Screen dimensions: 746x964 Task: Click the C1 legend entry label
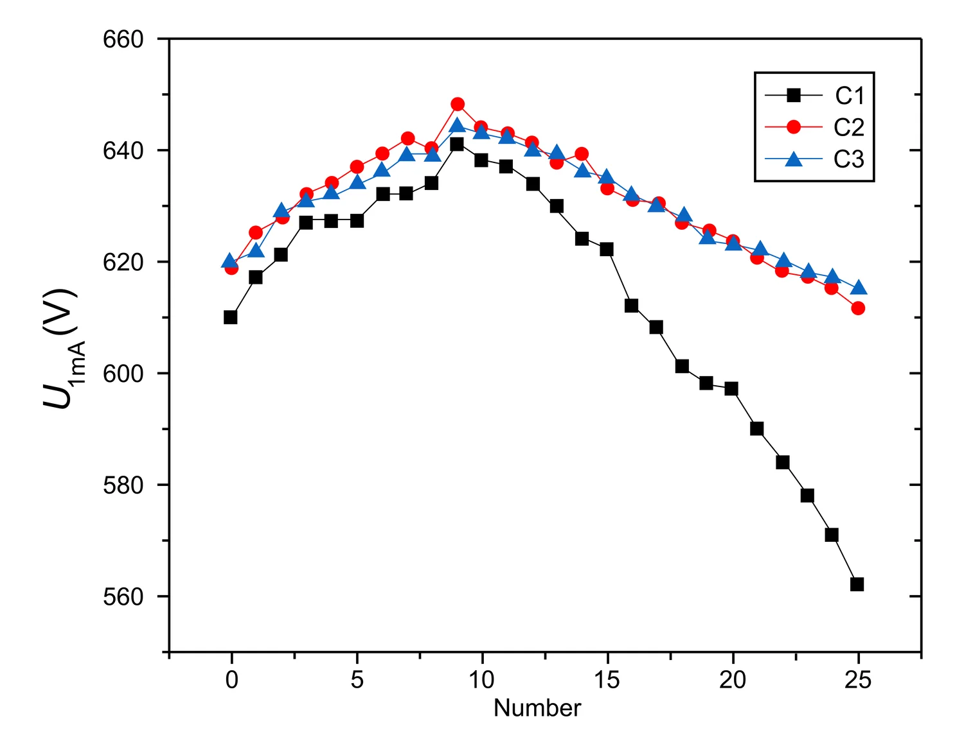(849, 96)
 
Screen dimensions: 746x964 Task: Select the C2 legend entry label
(849, 127)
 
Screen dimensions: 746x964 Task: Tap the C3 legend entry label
(849, 159)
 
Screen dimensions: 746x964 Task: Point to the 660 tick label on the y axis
(123, 39)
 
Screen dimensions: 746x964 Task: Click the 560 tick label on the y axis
(123, 596)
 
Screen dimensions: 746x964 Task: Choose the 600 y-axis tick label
(123, 374)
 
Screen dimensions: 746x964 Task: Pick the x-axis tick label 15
(607, 680)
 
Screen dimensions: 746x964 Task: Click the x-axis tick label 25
(857, 680)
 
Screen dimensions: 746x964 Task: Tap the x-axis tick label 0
(231, 680)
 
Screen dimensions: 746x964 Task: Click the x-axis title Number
(537, 708)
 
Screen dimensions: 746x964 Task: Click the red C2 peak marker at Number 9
(458, 104)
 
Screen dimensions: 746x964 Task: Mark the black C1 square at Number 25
(857, 584)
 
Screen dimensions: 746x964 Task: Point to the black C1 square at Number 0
(231, 317)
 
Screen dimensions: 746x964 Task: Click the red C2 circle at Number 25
(858, 308)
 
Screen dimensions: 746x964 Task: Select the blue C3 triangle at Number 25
(858, 288)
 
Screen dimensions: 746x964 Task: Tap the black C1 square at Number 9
(457, 144)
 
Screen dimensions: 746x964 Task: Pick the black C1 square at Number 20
(731, 388)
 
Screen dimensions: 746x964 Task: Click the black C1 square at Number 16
(631, 306)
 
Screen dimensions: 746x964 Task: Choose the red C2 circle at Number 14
(582, 154)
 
